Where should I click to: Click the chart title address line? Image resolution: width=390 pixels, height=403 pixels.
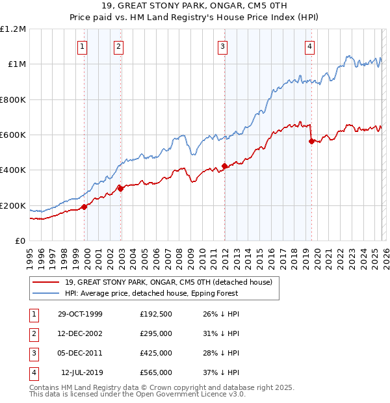(x=195, y=7)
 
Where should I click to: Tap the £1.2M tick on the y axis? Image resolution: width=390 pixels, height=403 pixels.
(x=13, y=29)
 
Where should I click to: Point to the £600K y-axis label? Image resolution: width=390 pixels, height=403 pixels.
(x=13, y=135)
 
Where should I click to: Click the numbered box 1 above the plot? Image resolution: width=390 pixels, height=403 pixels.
(x=83, y=46)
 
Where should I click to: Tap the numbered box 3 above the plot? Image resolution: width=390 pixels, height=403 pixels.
(x=222, y=46)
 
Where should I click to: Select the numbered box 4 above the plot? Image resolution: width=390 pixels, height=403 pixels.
(x=309, y=46)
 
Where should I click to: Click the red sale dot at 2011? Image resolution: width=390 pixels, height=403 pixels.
(x=224, y=166)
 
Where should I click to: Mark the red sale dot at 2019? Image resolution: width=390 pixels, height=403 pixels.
(x=311, y=141)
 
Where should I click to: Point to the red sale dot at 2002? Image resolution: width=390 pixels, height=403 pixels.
(x=120, y=188)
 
